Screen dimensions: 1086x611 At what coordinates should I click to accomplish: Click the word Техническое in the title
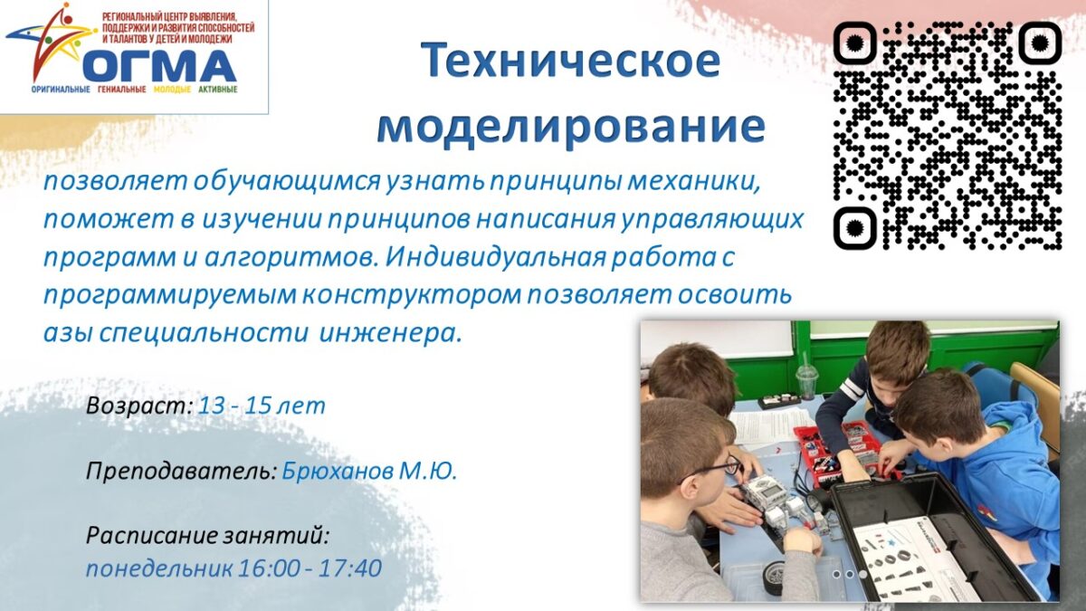570,61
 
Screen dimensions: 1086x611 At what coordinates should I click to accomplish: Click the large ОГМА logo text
160,65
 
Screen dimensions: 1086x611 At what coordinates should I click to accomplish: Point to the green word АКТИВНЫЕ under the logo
218,90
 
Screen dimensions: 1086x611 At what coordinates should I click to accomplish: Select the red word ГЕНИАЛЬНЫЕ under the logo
121,90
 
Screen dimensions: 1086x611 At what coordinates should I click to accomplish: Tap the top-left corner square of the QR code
855,43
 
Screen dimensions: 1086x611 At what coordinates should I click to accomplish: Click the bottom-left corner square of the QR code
855,228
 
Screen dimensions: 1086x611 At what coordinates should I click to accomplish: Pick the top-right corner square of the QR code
1040,43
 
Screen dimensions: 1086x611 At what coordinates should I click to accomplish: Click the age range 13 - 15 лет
262,406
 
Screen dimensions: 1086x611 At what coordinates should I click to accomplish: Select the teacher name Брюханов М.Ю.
369,470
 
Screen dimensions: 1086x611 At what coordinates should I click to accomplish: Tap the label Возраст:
139,406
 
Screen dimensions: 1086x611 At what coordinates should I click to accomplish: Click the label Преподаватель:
182,471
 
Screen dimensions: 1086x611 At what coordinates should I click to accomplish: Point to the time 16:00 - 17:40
310,568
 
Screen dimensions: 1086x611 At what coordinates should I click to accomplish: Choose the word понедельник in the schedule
159,568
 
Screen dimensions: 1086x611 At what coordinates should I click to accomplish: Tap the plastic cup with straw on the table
806,377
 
